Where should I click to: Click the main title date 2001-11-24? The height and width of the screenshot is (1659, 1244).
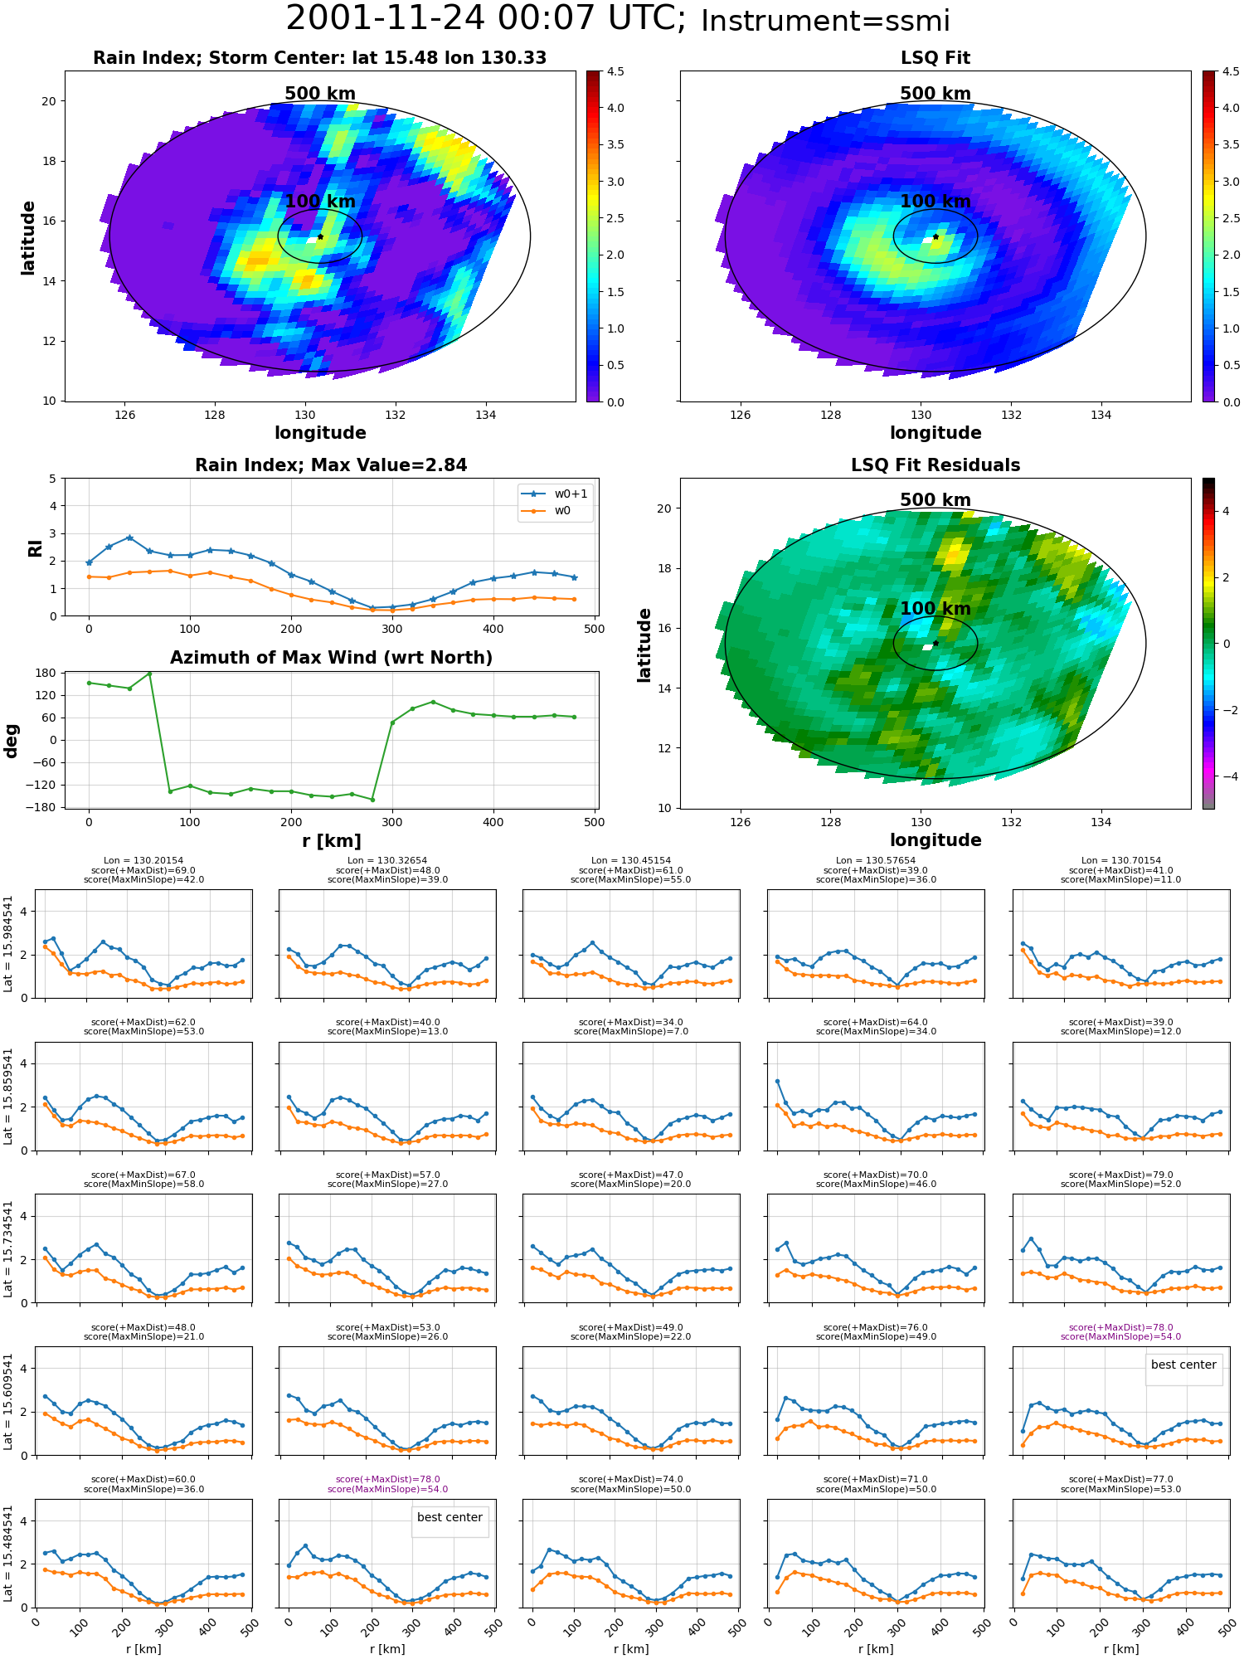(386, 18)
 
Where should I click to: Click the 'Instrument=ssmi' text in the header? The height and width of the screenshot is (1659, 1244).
(825, 21)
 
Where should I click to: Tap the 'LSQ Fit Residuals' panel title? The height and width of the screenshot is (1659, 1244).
(935, 465)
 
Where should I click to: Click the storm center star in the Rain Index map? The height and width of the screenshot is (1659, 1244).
(320, 236)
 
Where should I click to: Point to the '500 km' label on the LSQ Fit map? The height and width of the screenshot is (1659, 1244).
(935, 94)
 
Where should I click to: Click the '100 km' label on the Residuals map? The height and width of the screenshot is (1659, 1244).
(935, 609)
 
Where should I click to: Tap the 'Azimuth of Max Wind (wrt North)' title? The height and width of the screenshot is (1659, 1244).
(331, 658)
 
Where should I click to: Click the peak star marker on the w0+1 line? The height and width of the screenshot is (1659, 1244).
(129, 538)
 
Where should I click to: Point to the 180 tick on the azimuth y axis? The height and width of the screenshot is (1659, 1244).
(46, 673)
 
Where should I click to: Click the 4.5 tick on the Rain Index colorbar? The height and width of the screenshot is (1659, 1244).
(615, 71)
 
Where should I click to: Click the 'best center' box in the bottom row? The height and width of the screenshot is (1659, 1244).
(449, 1517)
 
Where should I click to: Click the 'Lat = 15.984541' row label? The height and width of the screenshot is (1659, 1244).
(8, 944)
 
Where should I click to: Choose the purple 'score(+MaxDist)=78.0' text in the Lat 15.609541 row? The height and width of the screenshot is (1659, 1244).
(1120, 1327)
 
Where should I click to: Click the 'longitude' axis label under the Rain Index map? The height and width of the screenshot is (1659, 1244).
(320, 433)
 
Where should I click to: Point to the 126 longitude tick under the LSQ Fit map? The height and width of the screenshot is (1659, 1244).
(740, 415)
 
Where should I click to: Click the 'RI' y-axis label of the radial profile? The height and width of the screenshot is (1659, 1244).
(35, 547)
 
